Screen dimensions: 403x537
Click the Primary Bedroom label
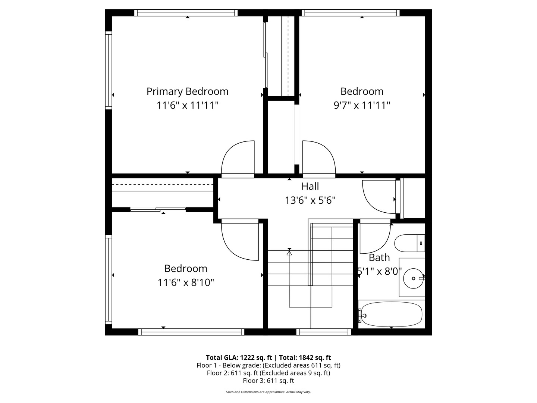(x=187, y=91)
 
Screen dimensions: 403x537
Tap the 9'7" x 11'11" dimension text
(x=361, y=105)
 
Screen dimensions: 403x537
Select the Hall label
(x=310, y=186)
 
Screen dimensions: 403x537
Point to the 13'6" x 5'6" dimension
(x=310, y=200)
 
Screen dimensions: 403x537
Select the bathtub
(x=392, y=314)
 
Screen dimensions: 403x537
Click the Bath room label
(x=379, y=257)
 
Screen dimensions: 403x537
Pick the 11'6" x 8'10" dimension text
(x=186, y=282)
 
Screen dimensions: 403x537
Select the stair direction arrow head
(x=289, y=253)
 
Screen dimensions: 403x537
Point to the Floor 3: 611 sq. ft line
(x=268, y=381)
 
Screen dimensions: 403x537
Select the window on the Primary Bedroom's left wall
(x=109, y=70)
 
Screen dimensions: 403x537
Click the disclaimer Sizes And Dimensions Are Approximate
(x=268, y=392)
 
